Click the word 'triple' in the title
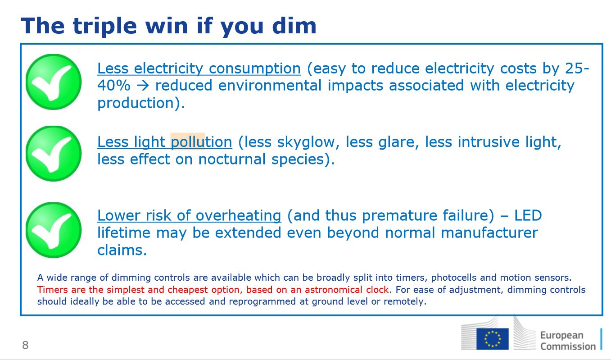coord(105,27)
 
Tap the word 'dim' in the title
coord(294,25)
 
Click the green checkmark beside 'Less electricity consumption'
coord(54,82)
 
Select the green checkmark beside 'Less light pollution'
coord(54,153)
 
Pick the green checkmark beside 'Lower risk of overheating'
coord(54,230)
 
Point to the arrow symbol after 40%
coord(143,86)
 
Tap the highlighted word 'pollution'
coord(201,142)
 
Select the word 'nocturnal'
coord(231,159)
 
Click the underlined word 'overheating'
coord(238,216)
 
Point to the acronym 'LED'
coord(528,216)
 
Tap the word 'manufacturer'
coord(489,233)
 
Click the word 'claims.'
coord(122,250)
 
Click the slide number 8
coord(25,345)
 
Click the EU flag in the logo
coord(492,339)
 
